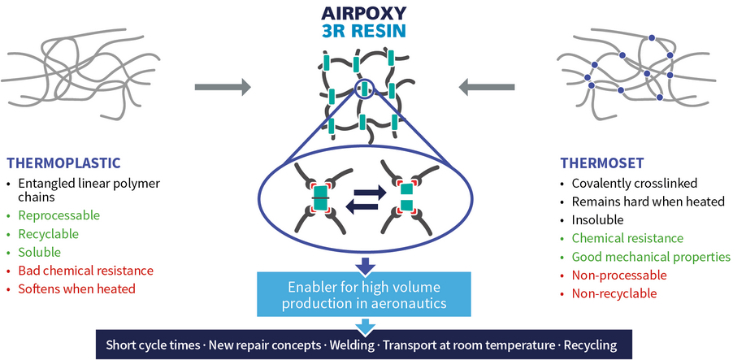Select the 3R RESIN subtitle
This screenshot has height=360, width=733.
point(364,31)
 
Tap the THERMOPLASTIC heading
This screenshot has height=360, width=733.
point(63,163)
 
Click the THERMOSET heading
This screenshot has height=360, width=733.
point(602,163)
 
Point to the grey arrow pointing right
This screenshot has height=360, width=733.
point(223,87)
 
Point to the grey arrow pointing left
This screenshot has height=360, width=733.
point(487,87)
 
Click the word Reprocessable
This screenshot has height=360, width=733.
point(59,215)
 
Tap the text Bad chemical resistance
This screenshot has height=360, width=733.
point(85,271)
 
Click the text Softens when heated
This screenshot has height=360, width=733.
point(76,289)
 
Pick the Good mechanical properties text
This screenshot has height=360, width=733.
point(651,257)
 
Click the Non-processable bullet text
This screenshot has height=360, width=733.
point(619,275)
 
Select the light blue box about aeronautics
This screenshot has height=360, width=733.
point(364,294)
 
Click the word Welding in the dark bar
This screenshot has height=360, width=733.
point(352,346)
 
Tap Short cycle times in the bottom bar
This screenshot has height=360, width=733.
point(153,346)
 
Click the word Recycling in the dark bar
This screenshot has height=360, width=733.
point(591,346)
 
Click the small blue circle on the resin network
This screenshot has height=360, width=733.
point(364,89)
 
